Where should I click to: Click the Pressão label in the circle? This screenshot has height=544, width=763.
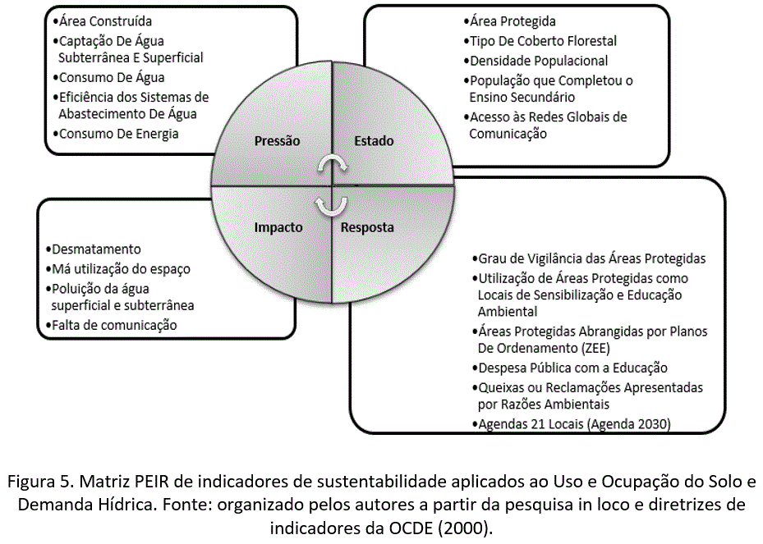pyautogui.click(x=277, y=141)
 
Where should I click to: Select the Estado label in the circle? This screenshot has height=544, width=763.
pyautogui.click(x=374, y=141)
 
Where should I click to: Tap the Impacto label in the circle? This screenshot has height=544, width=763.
pyautogui.click(x=278, y=227)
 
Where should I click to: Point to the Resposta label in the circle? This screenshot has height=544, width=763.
pyautogui.click(x=367, y=227)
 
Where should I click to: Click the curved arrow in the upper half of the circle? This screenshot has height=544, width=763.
pyautogui.click(x=333, y=166)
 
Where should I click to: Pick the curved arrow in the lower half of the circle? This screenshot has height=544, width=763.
pyautogui.click(x=333, y=204)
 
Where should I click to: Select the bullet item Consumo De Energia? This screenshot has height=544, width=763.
pyautogui.click(x=115, y=134)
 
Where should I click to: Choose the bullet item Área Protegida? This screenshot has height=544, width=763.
pyautogui.click(x=512, y=21)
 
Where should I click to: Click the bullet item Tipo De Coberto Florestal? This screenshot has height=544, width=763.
pyautogui.click(x=543, y=41)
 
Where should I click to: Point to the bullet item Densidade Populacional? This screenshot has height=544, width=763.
pyautogui.click(x=538, y=61)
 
